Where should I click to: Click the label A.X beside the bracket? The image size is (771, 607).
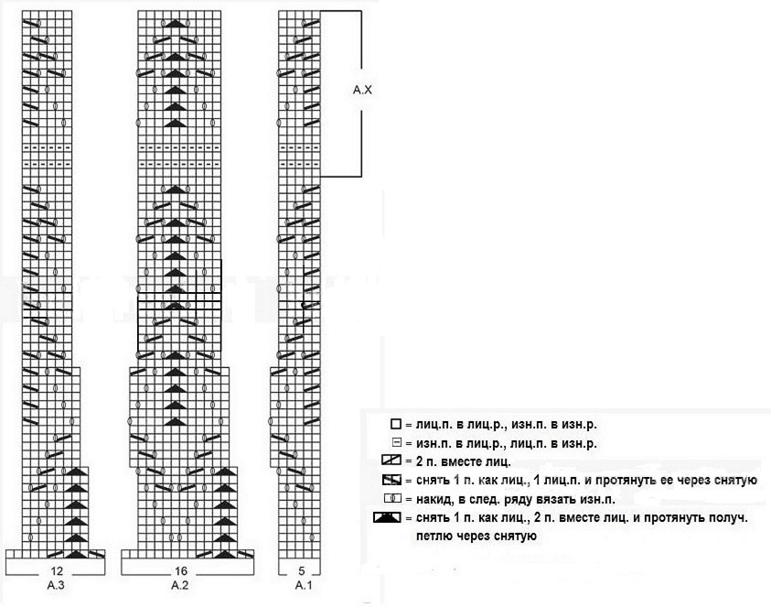point(362,90)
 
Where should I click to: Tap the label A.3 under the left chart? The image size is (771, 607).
point(56,585)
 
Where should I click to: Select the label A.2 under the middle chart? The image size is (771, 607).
point(180,585)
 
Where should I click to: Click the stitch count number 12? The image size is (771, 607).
point(57,571)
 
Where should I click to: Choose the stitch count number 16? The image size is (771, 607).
point(181,571)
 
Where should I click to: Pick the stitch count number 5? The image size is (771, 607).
point(302,571)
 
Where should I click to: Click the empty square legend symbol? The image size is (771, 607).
point(396,424)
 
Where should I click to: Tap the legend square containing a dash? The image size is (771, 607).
point(397,442)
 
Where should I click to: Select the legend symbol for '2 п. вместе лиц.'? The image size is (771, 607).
point(391,461)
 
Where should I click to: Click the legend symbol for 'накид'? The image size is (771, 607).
point(392,499)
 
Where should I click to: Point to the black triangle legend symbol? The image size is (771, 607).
point(388,517)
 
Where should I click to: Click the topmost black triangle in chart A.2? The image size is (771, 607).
point(175,23)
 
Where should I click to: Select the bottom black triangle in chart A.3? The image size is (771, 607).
point(76,554)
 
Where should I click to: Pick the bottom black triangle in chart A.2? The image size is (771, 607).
point(225,554)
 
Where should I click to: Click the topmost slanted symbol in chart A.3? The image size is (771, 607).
point(30,23)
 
